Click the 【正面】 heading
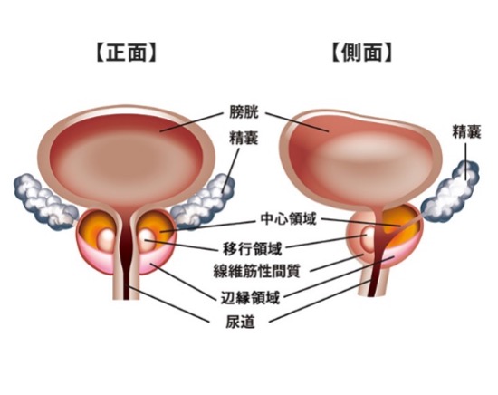(x=126, y=53)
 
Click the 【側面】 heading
(x=362, y=53)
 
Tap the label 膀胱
(x=244, y=112)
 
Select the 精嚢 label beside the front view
(x=244, y=139)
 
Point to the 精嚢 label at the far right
(x=466, y=132)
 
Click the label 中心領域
(x=288, y=219)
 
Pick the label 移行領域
(x=253, y=248)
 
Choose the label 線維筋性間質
(x=256, y=271)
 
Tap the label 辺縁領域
(x=250, y=298)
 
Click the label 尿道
(x=240, y=322)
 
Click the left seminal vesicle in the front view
(x=44, y=201)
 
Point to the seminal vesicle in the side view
(x=450, y=192)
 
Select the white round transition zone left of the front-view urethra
(x=107, y=237)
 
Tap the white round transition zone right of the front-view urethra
(x=147, y=237)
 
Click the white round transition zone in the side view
(x=368, y=238)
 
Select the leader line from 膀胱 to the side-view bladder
(x=297, y=121)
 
